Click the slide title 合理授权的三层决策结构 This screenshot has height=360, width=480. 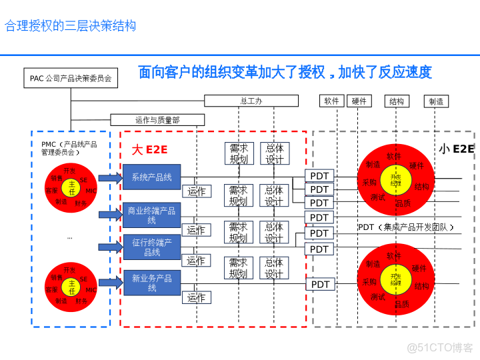71,26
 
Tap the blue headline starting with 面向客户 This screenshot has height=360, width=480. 285,72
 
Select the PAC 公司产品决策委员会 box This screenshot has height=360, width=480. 71,78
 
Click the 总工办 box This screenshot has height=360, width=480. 251,101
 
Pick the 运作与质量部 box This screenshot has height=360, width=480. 157,120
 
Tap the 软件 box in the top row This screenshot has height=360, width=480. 331,101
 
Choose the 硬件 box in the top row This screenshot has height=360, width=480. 359,101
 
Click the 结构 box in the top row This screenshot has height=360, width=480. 397,101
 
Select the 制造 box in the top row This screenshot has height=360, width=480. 436,101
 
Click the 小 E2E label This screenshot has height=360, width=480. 457,149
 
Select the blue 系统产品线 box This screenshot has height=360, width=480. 152,177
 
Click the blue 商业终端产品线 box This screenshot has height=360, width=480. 152,215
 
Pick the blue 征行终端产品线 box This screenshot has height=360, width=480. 152,247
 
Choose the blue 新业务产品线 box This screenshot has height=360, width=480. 152,283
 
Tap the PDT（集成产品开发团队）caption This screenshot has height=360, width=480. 405,227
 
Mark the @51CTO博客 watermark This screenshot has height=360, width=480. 440,347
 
